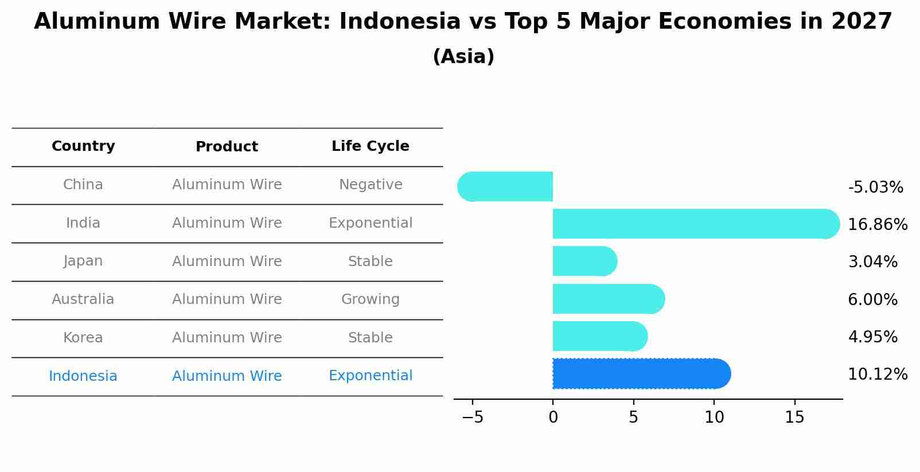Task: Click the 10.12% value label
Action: point(877,375)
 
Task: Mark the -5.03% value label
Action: point(875,188)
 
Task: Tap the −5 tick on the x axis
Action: point(473,418)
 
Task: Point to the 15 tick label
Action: point(794,418)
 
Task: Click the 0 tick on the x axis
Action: point(553,418)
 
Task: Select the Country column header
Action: point(83,146)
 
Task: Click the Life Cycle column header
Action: point(370,146)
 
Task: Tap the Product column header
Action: point(227,147)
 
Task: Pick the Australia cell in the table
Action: point(83,299)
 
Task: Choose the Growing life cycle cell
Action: point(370,299)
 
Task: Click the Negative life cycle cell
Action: point(370,185)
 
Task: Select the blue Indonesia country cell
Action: point(83,376)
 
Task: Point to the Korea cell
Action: point(83,338)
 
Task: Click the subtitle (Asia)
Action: point(463,57)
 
